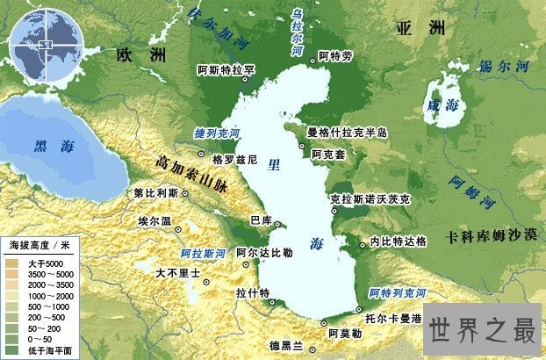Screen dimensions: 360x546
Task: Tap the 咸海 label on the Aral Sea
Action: tap(436, 103)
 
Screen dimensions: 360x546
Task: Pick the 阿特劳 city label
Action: tap(335, 55)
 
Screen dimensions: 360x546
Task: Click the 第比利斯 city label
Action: tap(155, 192)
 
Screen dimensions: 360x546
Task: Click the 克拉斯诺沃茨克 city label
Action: tap(370, 199)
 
